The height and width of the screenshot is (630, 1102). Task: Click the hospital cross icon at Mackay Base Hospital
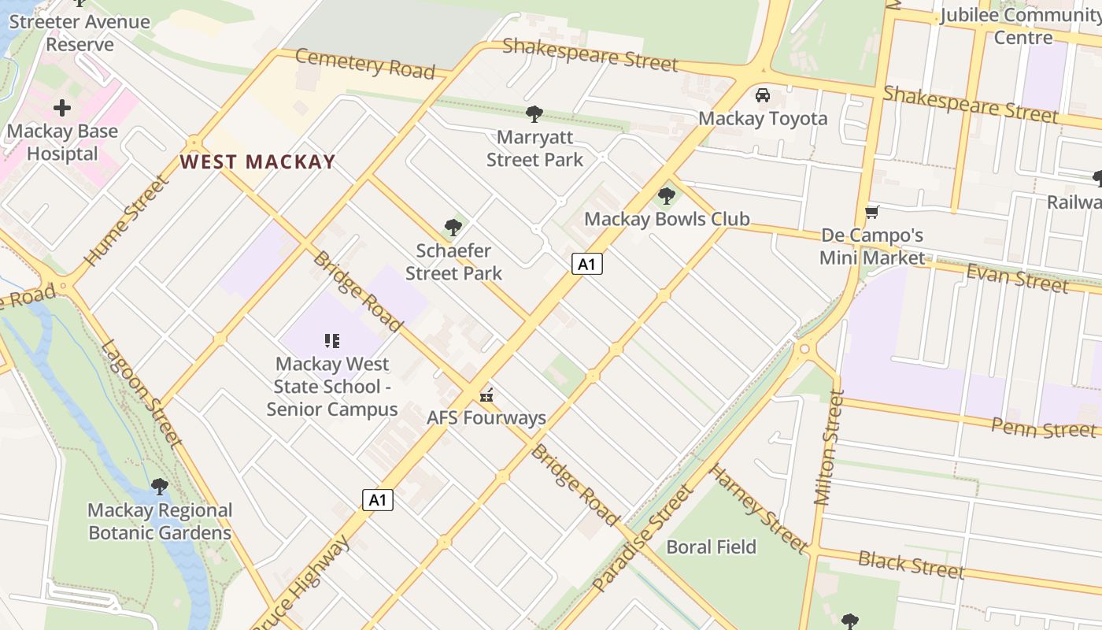[x=62, y=108]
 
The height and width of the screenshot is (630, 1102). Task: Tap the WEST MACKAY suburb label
[x=257, y=162]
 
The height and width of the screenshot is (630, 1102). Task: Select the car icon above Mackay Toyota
[x=762, y=95]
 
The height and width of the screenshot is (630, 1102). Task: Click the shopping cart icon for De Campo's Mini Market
[x=871, y=212]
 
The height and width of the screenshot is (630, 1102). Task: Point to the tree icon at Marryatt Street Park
[x=534, y=114]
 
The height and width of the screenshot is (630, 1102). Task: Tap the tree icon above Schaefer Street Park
[x=453, y=228]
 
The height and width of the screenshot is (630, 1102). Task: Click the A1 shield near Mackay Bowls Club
[x=587, y=264]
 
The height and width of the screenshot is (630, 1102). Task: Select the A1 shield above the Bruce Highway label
[x=378, y=499]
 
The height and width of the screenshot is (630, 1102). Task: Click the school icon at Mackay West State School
[x=331, y=341]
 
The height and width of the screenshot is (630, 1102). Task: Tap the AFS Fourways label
[x=486, y=417]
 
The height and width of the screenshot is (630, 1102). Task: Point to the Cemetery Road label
[x=365, y=63]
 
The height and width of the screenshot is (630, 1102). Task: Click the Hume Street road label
[x=127, y=221]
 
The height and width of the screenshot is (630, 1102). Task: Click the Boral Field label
[x=711, y=547]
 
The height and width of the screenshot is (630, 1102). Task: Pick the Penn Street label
[x=1044, y=428]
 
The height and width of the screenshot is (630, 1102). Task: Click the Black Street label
[x=911, y=564]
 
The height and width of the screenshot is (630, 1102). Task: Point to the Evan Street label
[x=1017, y=278]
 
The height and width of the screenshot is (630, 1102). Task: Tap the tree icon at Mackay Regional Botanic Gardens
[x=160, y=486]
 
